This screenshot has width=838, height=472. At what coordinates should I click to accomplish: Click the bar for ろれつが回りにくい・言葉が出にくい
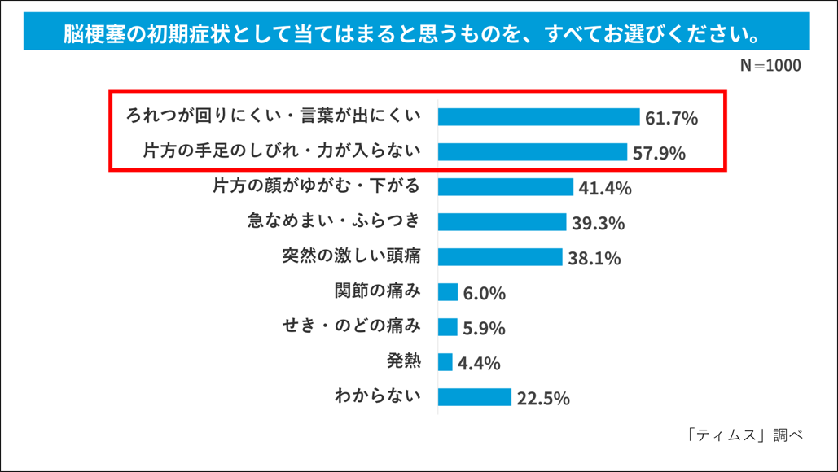click(x=539, y=117)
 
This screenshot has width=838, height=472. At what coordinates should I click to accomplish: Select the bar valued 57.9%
click(x=533, y=152)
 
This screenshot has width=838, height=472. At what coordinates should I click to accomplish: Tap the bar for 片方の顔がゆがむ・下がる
click(x=506, y=187)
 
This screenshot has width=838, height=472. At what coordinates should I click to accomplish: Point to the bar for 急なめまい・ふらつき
click(x=502, y=222)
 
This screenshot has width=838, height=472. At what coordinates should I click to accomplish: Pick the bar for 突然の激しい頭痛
click(x=500, y=257)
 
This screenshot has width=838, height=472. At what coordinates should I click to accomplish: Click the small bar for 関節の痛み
click(x=448, y=292)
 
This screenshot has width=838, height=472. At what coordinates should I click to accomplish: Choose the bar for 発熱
click(x=445, y=362)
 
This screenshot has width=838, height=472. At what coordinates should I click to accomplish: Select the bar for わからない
click(x=475, y=397)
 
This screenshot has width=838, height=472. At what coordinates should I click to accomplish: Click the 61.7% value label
click(x=671, y=118)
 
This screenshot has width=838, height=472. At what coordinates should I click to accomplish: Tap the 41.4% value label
click(x=605, y=188)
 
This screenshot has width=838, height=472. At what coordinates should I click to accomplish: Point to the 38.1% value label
click(x=594, y=259)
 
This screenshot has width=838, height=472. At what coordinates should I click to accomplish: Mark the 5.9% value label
click(x=485, y=329)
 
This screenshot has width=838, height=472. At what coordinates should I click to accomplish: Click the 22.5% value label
click(x=543, y=398)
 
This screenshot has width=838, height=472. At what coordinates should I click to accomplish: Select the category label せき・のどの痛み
click(x=351, y=326)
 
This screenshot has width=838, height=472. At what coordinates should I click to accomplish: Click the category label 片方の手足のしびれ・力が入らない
click(x=282, y=151)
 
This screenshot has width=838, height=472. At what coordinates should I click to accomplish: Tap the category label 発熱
click(x=404, y=361)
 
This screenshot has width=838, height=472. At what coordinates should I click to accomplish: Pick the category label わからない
click(x=378, y=396)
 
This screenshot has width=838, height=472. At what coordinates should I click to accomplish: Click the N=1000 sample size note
click(x=770, y=65)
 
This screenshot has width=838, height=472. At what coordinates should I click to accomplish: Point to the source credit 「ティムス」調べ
click(x=745, y=435)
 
